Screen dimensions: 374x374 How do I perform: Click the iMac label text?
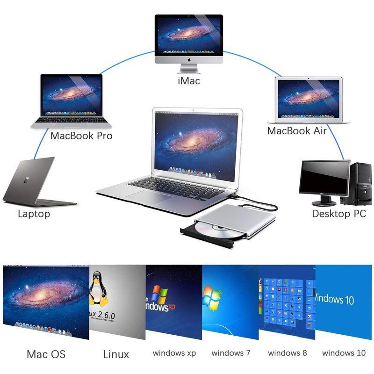[189, 81]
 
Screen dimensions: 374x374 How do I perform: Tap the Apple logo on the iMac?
[189, 60]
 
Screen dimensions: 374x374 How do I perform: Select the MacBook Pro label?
[81, 136]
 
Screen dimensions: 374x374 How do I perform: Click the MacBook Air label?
[296, 131]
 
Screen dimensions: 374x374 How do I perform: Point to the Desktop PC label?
[338, 214]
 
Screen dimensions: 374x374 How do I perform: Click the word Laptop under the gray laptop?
[34, 214]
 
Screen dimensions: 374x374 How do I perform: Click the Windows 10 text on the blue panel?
[335, 299]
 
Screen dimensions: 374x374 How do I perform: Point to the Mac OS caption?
[46, 354]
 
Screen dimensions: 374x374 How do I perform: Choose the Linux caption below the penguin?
[116, 354]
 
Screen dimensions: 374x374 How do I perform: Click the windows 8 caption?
[287, 353]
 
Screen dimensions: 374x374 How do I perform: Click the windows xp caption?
[174, 353]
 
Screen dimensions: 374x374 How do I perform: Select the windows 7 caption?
[231, 353]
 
